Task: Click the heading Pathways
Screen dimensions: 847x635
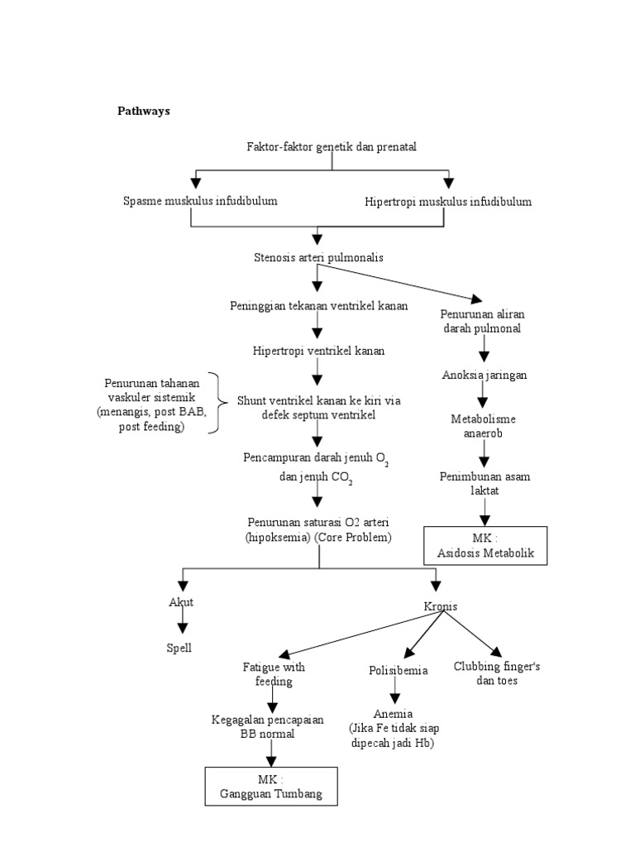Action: point(143,111)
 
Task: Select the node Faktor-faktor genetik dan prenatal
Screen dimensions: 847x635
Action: point(332,146)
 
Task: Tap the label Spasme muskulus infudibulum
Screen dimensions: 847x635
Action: point(200,201)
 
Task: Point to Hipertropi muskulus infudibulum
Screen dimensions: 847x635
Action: point(448,201)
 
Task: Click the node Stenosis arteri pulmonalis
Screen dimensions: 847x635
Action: point(318,257)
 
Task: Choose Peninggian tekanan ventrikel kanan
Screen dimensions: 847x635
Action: point(318,306)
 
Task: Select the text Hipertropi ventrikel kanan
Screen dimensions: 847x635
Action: point(318,351)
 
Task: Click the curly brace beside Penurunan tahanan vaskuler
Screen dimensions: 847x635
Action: point(217,403)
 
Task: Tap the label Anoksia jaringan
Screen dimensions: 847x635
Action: point(485,375)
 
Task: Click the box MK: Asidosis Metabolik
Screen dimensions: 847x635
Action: point(485,546)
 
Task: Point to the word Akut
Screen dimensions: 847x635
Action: point(181,602)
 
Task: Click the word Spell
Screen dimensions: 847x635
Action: point(179,648)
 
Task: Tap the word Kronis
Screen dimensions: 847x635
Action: point(441,606)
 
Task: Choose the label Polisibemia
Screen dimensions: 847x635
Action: point(399,670)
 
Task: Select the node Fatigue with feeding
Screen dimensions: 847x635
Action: point(274,674)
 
